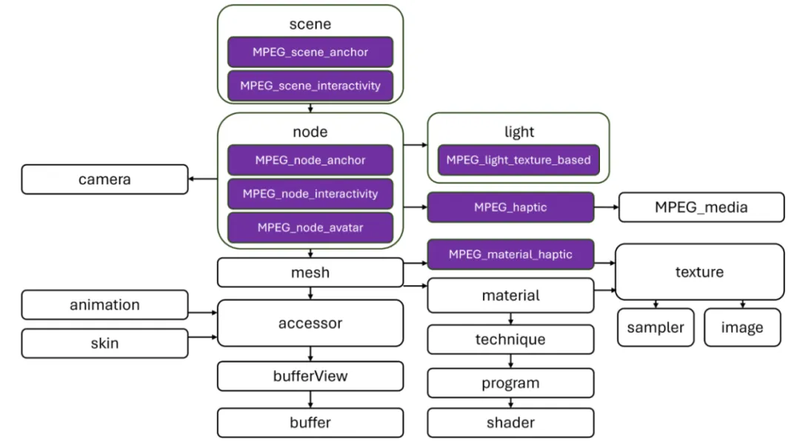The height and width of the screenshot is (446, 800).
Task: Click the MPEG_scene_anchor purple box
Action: click(310, 53)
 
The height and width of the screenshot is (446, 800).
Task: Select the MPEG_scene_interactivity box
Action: click(310, 86)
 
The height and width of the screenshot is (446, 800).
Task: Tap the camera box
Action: click(104, 179)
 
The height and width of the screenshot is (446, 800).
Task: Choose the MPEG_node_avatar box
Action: click(310, 227)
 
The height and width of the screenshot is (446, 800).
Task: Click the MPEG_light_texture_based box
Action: click(518, 160)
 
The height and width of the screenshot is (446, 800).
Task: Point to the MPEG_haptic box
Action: click(510, 207)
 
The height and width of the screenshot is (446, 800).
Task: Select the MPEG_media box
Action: click(701, 207)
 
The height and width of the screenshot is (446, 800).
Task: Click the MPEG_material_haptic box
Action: click(510, 254)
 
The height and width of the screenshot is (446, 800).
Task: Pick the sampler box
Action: click(656, 327)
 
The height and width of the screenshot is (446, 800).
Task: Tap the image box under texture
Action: click(741, 327)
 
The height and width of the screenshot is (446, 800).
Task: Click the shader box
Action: click(510, 422)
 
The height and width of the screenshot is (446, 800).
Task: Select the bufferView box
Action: click(310, 376)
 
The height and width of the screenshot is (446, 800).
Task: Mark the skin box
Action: click(104, 343)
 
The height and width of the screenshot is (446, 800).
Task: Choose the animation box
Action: click(104, 304)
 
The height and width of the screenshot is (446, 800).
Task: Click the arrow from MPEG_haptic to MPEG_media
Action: click(606, 208)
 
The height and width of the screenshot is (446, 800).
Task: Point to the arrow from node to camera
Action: click(203, 179)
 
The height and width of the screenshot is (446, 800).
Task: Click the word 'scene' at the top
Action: click(310, 24)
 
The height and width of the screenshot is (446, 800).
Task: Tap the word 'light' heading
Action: click(519, 132)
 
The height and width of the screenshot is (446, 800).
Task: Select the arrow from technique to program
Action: click(510, 361)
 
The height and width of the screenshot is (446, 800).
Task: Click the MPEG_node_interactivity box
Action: click(310, 194)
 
